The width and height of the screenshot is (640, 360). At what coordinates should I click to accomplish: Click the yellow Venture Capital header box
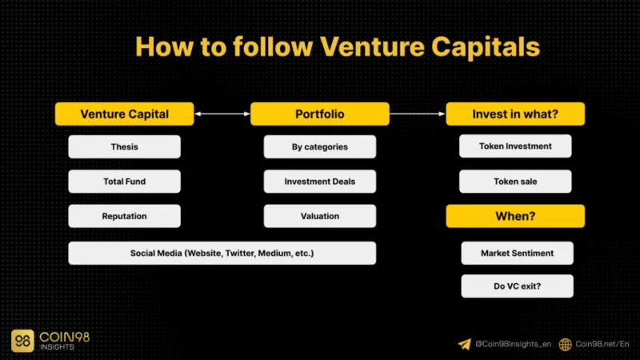pos(125,114)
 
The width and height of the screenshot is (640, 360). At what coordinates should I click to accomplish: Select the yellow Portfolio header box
pos(319,114)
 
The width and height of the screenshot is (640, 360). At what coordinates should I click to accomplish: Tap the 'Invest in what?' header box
pos(515,114)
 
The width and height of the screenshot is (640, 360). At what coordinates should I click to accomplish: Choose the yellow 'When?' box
pos(515,216)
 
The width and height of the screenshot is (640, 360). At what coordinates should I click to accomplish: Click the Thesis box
pos(125,146)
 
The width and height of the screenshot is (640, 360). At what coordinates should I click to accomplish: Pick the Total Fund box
pos(125,182)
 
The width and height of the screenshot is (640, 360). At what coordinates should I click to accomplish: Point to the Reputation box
pos(125,216)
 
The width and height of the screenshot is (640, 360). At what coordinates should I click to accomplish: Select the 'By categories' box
pos(319,146)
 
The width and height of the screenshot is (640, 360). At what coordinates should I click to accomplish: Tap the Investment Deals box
pos(319,182)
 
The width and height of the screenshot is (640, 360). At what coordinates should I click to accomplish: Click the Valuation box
pos(319,216)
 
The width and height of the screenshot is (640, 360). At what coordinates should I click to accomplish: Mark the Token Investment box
pos(515,146)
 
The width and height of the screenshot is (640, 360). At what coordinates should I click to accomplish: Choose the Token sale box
pos(515,182)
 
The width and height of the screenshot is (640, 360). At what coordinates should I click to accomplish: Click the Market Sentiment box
pos(517,253)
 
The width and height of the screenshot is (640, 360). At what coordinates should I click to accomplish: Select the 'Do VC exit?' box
pos(517,286)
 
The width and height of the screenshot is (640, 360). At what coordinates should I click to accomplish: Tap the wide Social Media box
pos(222,253)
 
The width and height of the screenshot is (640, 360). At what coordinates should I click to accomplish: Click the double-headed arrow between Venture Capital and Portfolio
pos(222,114)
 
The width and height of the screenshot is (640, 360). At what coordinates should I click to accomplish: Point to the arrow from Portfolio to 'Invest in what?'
pos(417,114)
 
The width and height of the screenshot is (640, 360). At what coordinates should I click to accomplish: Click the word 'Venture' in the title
pos(372,46)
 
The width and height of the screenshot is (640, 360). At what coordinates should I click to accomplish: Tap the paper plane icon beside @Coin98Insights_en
pos(465,344)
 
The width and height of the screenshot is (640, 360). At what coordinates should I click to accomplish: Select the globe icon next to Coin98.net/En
pos(566,345)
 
